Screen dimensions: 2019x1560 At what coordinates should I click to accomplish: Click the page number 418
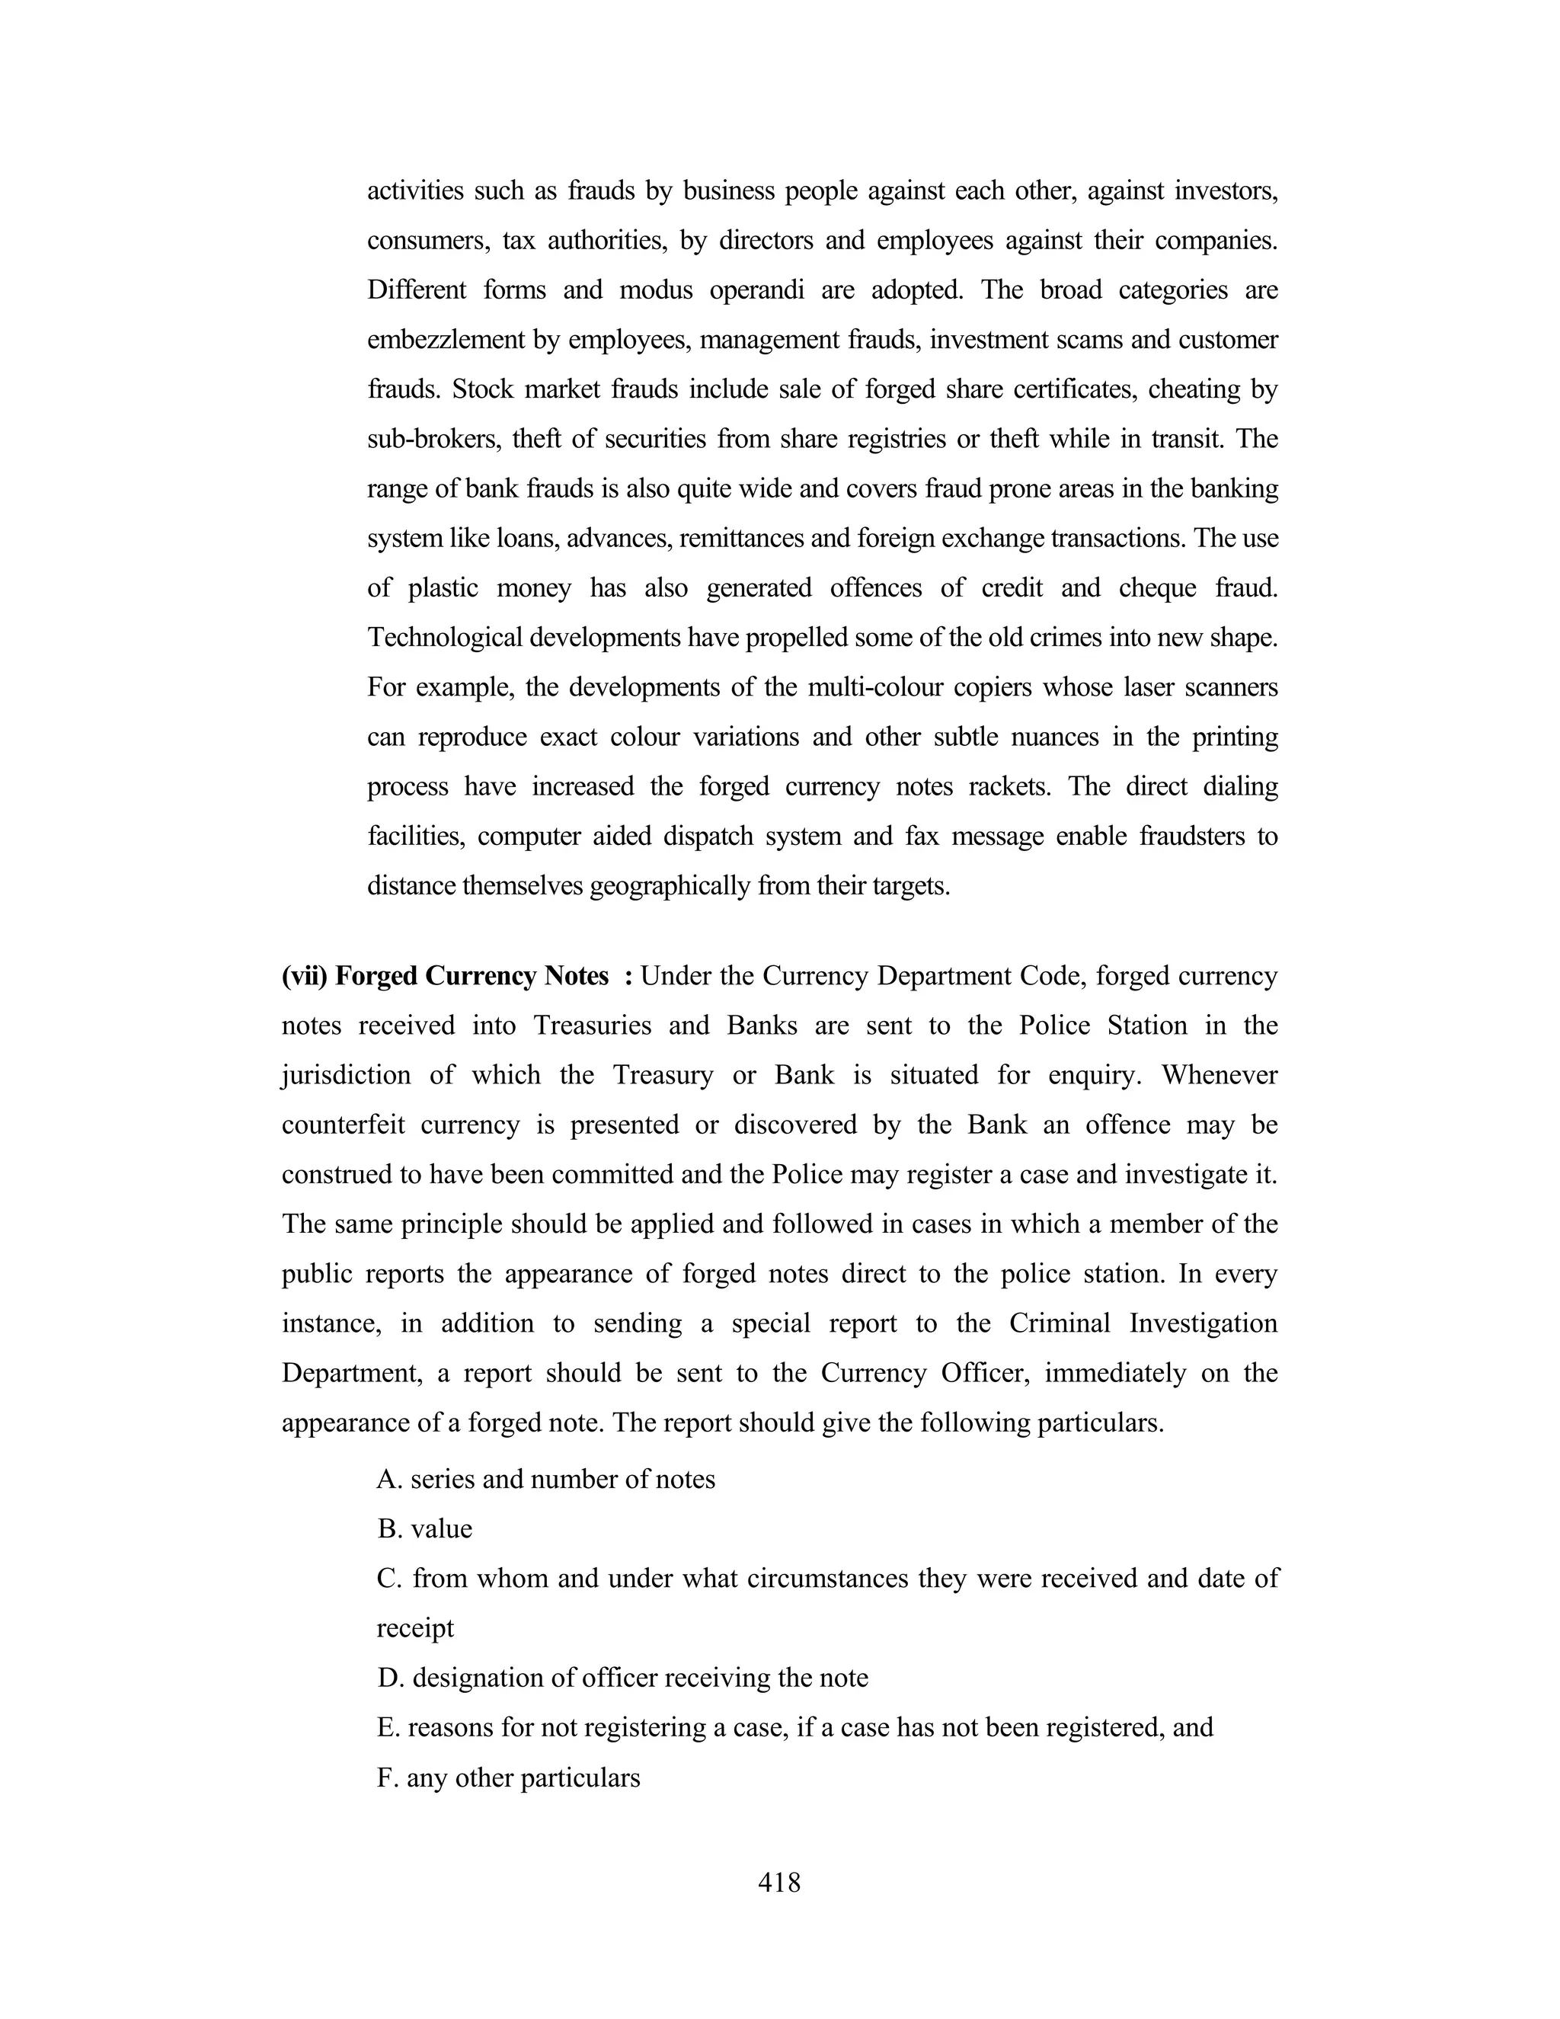(779, 1882)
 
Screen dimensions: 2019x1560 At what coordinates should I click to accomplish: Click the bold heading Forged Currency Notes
(472, 976)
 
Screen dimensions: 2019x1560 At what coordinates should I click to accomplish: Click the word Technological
(447, 638)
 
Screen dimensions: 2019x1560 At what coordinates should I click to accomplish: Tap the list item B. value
(425, 1529)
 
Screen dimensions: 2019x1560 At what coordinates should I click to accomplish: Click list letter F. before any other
(386, 1777)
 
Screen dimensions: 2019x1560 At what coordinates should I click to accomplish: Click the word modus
(655, 290)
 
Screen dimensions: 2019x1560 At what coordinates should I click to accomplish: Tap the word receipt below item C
(415, 1628)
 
